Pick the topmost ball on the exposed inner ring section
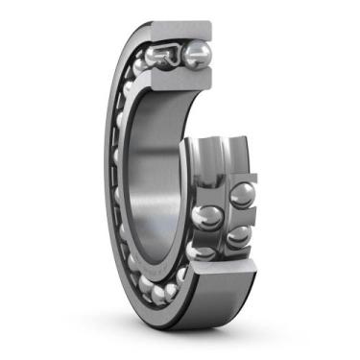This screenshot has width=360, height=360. [239, 193]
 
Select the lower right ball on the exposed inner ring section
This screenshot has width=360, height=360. [237, 235]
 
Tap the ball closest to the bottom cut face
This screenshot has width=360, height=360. [183, 277]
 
